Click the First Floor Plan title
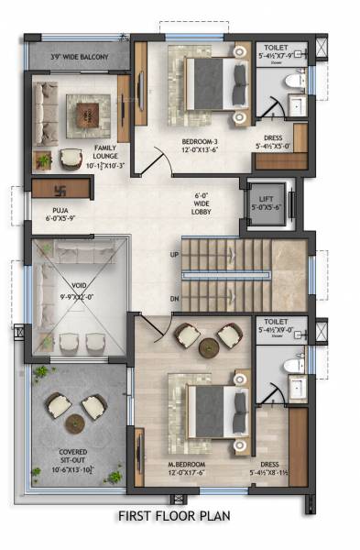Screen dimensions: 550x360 coord(174,516)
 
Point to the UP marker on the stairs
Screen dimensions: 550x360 coord(174,254)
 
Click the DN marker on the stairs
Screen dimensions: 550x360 coord(174,299)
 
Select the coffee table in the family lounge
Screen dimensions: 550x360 coord(88,115)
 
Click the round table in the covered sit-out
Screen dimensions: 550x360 coord(75,423)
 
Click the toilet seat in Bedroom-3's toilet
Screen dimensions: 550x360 coord(295,82)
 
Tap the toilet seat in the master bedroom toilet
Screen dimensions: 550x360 coord(295,366)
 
